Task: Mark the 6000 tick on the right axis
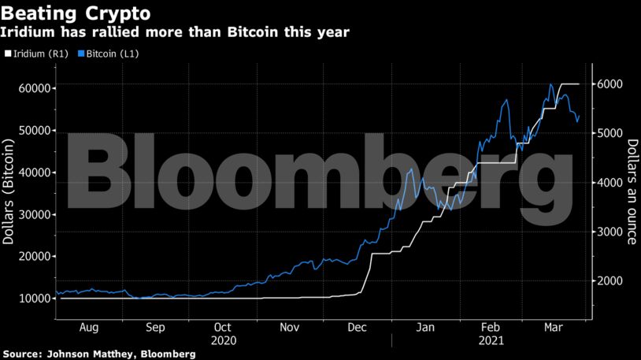coord(610,84)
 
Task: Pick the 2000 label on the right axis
coord(610,281)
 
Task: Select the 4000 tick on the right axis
coord(610,183)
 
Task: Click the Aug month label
coord(89,327)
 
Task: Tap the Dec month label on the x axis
coord(358,327)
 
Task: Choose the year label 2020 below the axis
coord(223,340)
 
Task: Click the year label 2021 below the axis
coord(491,340)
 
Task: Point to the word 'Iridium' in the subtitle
coord(28,32)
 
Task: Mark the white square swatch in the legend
coord(7,54)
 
